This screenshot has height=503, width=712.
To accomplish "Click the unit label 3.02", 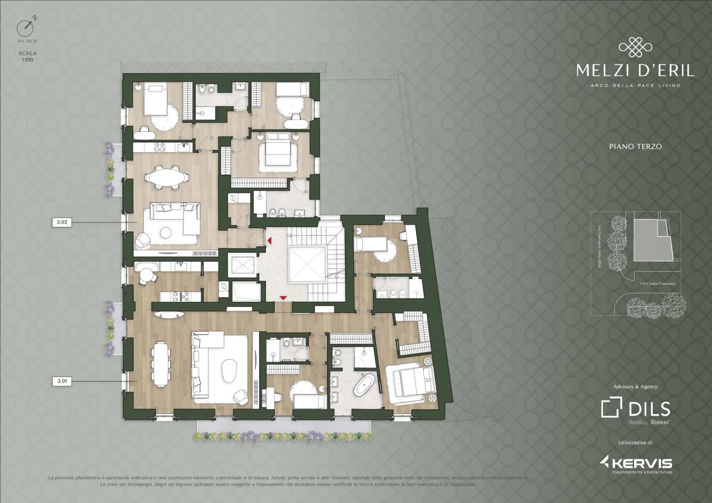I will (62, 222).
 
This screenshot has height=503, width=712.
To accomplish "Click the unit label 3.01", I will (62, 381).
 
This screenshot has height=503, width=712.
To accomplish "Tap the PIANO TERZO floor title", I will (634, 147).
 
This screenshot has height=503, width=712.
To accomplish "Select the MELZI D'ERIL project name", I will (635, 71).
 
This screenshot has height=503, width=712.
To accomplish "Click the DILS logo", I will (635, 409).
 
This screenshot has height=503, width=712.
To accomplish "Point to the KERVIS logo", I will (635, 464).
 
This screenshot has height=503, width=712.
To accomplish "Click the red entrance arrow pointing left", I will (269, 240).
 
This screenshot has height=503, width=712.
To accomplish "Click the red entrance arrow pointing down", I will (284, 299).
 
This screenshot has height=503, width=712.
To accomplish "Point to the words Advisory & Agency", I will (635, 386).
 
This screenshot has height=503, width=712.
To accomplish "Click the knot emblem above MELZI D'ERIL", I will (635, 48).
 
